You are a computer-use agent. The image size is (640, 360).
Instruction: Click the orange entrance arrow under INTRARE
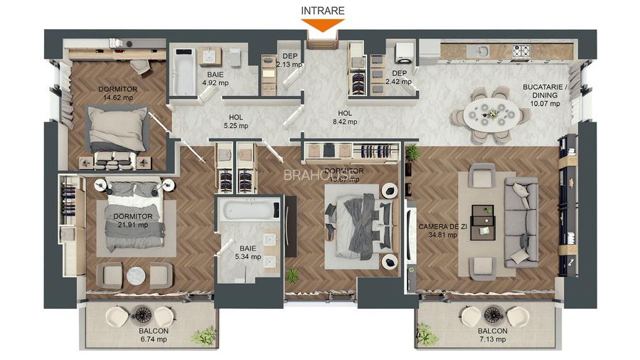[x=322, y=25]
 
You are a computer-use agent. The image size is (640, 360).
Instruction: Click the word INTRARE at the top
[x=322, y=11]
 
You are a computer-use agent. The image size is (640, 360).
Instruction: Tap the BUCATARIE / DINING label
[x=545, y=95]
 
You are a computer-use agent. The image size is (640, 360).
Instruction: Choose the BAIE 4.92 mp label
[x=215, y=78]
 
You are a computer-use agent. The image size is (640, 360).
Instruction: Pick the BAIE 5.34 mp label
[x=247, y=252]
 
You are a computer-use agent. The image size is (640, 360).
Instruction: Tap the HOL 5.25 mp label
[x=235, y=122]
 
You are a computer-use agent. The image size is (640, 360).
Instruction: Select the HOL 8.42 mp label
[x=345, y=117]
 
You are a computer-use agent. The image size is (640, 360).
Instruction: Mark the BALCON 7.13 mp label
[x=492, y=335]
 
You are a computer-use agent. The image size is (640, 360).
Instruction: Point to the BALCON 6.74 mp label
[x=154, y=335]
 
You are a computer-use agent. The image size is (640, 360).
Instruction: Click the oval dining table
[x=491, y=113]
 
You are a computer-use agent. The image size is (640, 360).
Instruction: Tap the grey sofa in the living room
[x=521, y=222]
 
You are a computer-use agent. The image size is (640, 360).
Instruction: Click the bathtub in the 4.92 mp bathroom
[x=184, y=70]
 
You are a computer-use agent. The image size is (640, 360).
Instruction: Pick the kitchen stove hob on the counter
[x=522, y=51]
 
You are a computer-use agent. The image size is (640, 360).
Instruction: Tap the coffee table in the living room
[x=483, y=220]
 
